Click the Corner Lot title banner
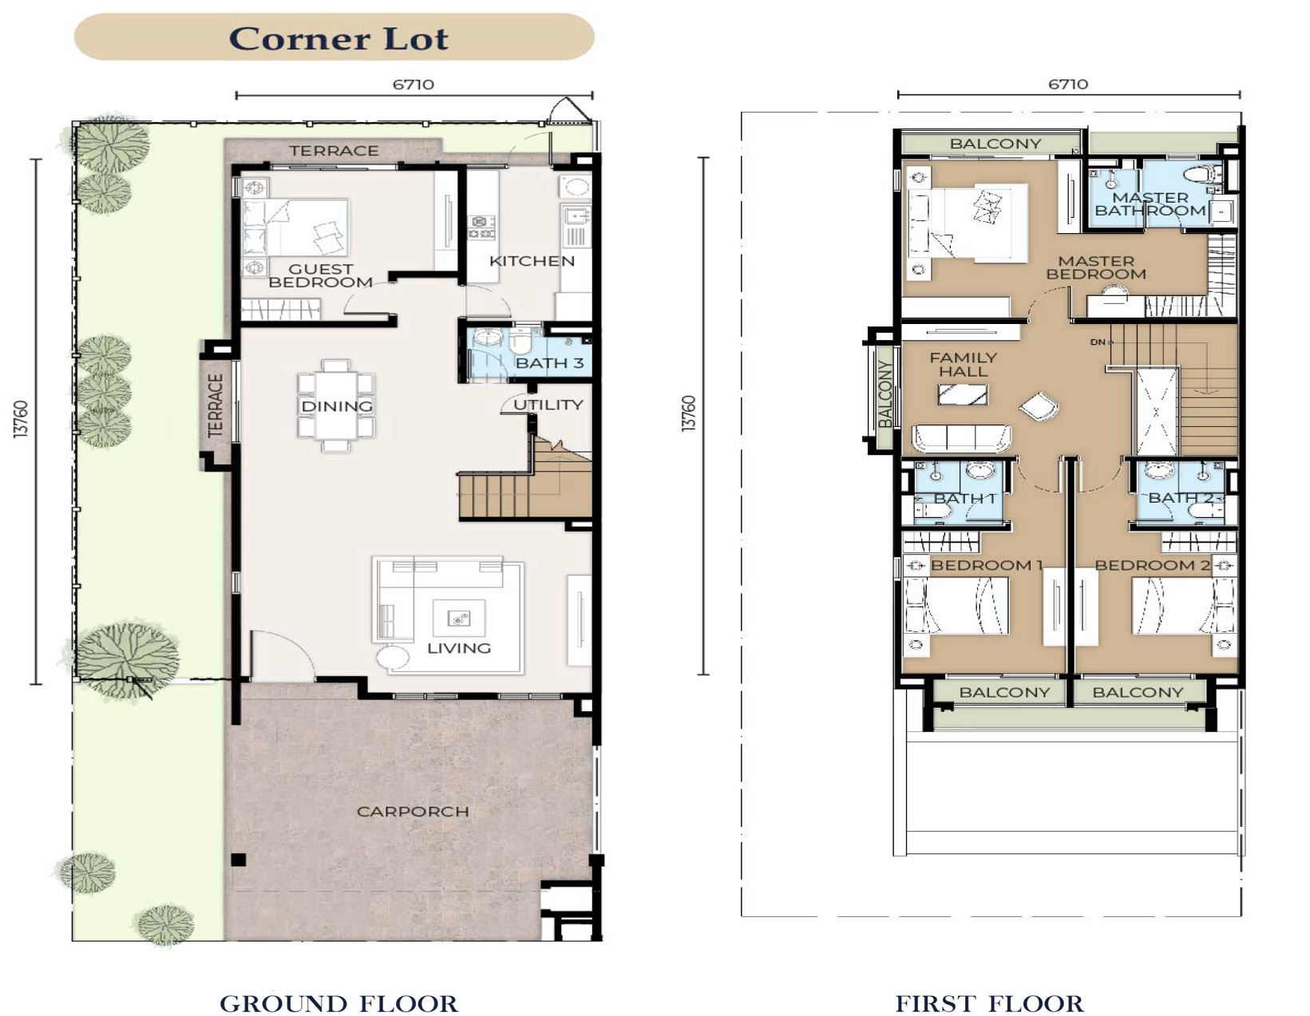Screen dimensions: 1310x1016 point(334,37)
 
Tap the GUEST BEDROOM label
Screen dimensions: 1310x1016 point(320,276)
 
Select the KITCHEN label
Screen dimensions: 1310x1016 point(532,261)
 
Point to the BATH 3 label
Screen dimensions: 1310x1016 point(549,363)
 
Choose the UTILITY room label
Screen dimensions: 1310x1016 point(548,405)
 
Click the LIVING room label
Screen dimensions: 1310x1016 point(459,648)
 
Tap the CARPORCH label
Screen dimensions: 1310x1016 point(413,811)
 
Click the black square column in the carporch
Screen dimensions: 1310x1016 point(239,860)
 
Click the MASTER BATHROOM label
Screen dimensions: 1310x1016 point(1150,204)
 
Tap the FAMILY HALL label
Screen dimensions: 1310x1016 point(963,365)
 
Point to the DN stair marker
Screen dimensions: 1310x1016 point(1098,342)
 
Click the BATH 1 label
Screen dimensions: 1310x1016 point(964,498)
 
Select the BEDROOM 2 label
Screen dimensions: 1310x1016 point(1152,565)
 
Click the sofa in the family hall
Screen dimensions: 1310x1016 point(962,438)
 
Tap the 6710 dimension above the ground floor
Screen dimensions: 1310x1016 point(413,85)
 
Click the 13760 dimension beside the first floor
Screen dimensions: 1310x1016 point(689,413)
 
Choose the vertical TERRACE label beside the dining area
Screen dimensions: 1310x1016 point(216,405)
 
